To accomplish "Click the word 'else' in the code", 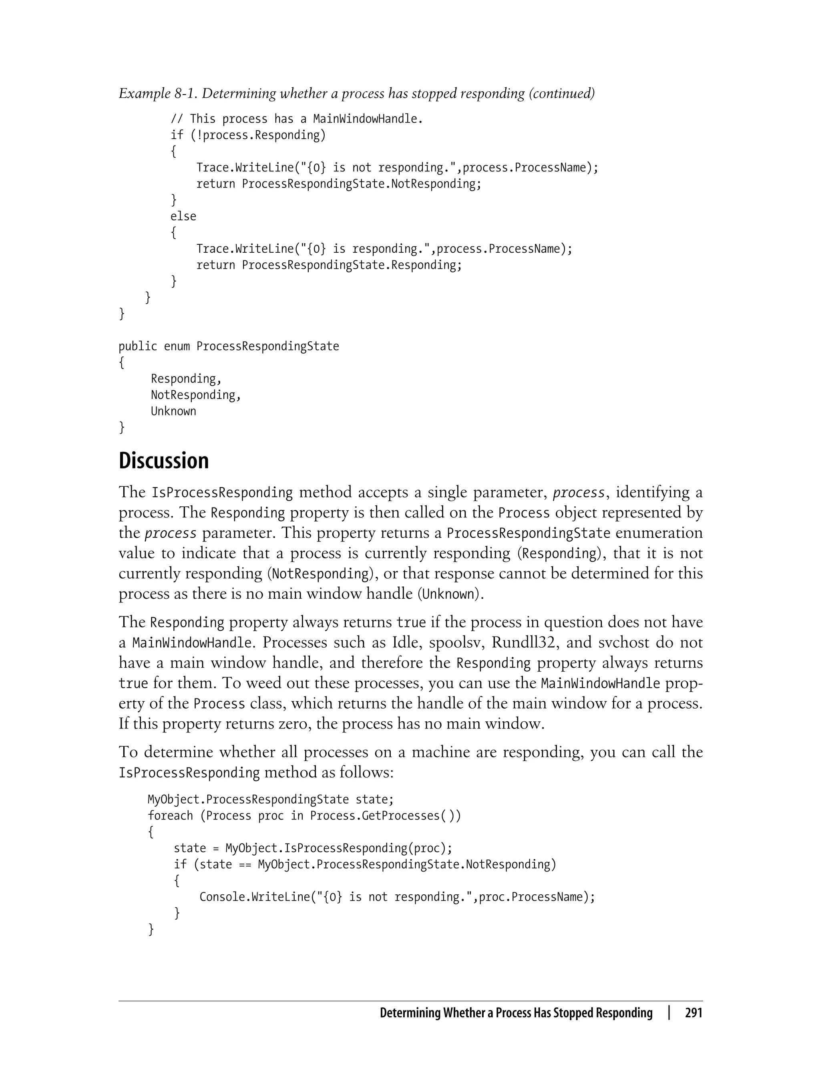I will (183, 216).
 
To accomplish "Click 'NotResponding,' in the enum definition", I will (196, 395).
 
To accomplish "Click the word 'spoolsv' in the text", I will (456, 642).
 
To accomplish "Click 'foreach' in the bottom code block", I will (170, 816).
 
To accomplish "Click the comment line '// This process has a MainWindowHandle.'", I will (296, 119).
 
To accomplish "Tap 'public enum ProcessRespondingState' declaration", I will (229, 346).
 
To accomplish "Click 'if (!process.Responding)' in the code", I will (247, 135).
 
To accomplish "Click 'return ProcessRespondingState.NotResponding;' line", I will (338, 184).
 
